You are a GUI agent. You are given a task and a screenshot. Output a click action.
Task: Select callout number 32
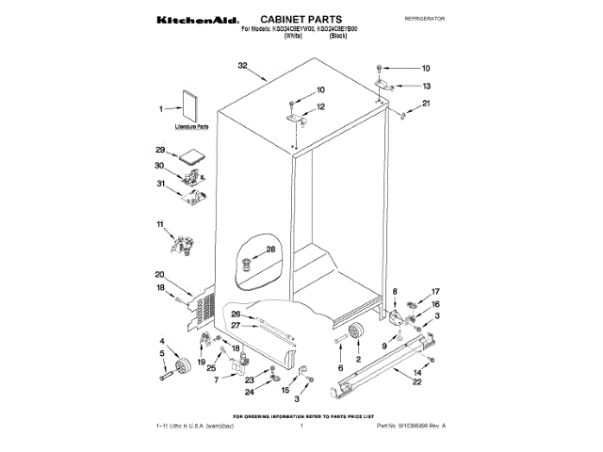(242, 67)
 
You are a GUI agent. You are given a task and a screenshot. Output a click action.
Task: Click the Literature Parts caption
(191, 126)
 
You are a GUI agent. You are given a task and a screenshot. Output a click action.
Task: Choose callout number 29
(160, 151)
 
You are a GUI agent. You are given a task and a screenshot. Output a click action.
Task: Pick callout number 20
(160, 275)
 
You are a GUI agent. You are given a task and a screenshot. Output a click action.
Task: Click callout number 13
(426, 86)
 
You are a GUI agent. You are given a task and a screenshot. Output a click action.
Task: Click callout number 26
(236, 314)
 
